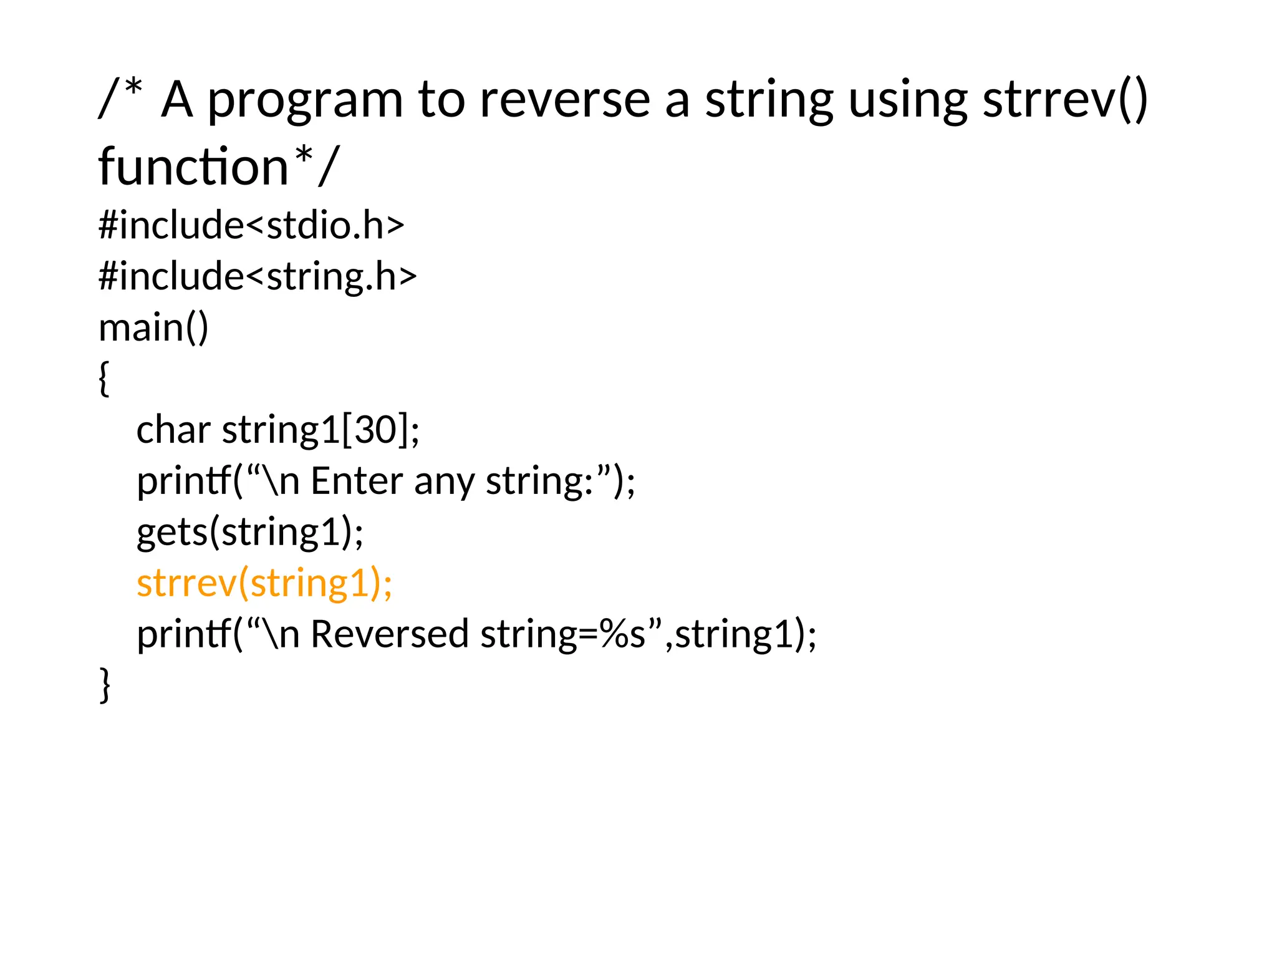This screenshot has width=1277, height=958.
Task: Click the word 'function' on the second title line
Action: (x=193, y=167)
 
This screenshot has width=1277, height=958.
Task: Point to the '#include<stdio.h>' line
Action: (x=251, y=225)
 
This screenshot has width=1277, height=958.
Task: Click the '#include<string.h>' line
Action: (x=258, y=276)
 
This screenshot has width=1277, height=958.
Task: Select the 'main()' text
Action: (x=153, y=327)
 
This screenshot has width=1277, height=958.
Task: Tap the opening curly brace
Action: (x=104, y=379)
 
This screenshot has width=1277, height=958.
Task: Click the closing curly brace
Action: (x=105, y=685)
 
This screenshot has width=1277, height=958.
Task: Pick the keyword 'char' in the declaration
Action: (x=173, y=430)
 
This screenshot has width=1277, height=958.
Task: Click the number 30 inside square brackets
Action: (x=376, y=430)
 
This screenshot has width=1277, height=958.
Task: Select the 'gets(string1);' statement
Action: (x=249, y=532)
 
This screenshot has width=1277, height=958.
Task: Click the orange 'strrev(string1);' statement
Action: (x=264, y=583)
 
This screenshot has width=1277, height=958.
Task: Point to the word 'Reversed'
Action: (x=389, y=634)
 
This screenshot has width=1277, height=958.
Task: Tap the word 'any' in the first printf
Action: (x=444, y=482)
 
